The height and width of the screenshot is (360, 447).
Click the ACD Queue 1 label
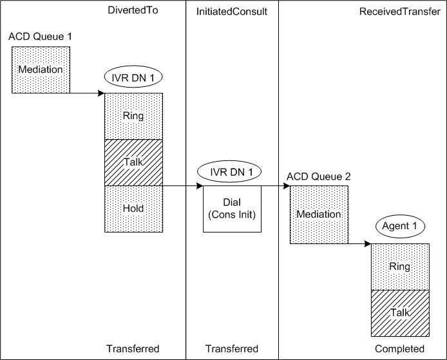point(40,36)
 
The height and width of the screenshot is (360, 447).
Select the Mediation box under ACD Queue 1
point(41,70)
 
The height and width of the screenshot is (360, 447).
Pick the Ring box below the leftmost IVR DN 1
point(133,116)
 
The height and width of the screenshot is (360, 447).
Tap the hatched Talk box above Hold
point(133,162)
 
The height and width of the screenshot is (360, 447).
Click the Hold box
point(133,209)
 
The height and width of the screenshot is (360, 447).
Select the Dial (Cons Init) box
point(232,209)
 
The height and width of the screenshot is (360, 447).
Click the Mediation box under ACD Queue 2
point(319,215)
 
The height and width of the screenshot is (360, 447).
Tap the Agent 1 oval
point(400,227)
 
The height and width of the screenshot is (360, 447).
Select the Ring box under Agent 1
point(400,267)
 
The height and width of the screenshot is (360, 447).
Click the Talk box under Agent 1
point(400,313)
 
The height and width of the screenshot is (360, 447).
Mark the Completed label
point(399,348)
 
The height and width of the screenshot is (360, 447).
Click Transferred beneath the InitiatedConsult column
point(231,348)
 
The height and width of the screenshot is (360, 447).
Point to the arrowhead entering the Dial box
point(200,187)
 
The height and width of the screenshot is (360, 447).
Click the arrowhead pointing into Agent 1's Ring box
point(368,244)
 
